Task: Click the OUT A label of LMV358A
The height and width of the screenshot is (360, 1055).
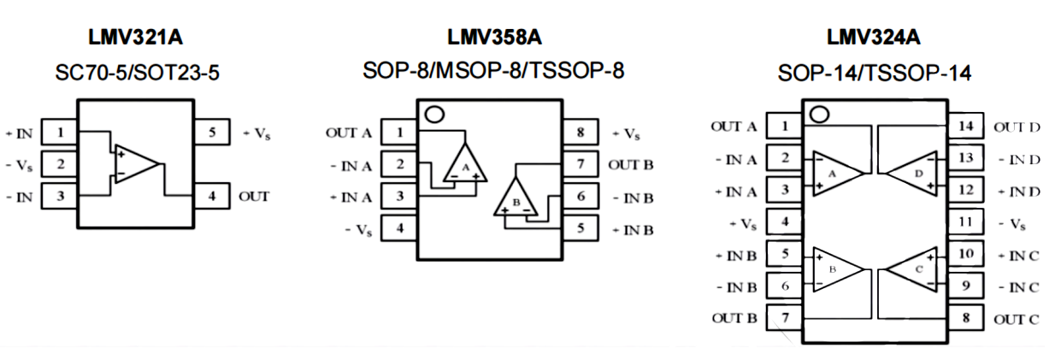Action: pyautogui.click(x=348, y=133)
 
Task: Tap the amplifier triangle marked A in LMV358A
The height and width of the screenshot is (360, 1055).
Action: pyautogui.click(x=465, y=163)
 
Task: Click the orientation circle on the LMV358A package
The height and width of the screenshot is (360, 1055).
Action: pyautogui.click(x=436, y=115)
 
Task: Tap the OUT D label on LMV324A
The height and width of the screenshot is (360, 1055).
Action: pyautogui.click(x=1017, y=127)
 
